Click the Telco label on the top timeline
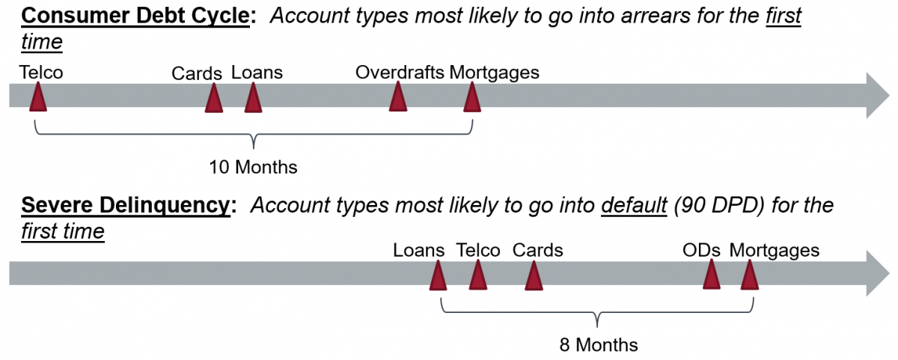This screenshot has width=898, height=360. [41, 73]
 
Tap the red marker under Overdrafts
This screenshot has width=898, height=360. [398, 97]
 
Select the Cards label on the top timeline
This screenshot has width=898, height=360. [197, 74]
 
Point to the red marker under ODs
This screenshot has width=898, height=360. [712, 274]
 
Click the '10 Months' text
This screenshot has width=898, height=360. [254, 167]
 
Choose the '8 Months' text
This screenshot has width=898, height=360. [599, 345]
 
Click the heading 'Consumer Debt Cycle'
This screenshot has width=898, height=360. [135, 16]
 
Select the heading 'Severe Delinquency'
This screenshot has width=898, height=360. [126, 205]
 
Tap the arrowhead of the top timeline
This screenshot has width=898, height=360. [878, 95]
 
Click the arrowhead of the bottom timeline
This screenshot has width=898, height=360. [878, 273]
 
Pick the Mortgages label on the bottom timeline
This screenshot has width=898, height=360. [774, 251]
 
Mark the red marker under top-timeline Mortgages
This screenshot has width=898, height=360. [472, 97]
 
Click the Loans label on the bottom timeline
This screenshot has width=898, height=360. [418, 251]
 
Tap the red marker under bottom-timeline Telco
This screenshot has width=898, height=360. [478, 275]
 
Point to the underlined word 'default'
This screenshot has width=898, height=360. [635, 205]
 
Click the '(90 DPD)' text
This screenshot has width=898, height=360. [720, 205]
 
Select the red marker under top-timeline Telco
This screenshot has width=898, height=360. [38, 97]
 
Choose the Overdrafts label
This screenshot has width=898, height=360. [400, 73]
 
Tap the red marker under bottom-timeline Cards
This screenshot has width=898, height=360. [534, 275]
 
